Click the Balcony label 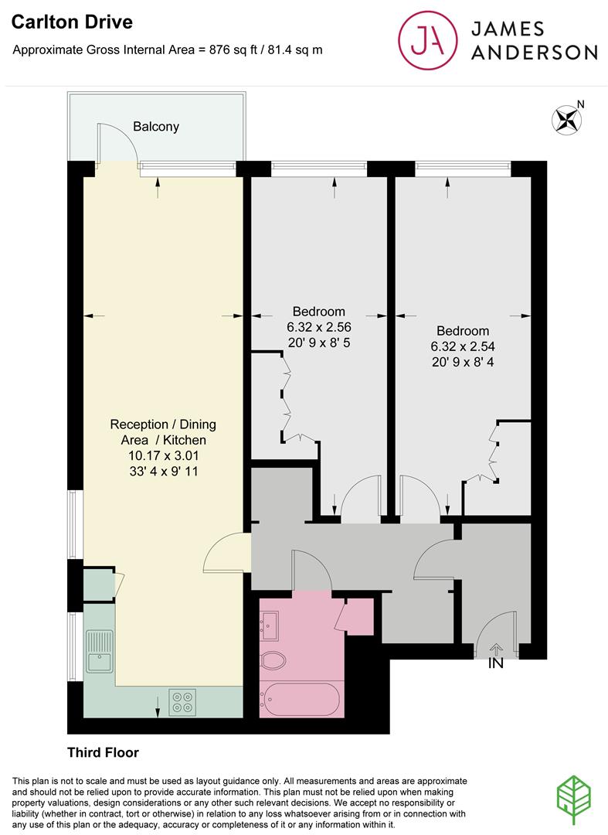(155, 126)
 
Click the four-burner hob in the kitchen (183, 701)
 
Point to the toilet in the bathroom (274, 660)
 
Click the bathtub (301, 700)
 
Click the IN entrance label (495, 663)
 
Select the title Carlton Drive (71, 22)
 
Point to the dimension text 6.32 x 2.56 (319, 327)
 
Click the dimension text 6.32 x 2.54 (463, 347)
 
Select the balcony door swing (116, 144)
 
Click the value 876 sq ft (229, 50)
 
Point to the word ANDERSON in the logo (534, 52)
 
